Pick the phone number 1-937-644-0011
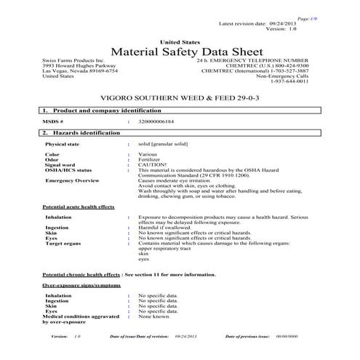295,81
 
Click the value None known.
153,316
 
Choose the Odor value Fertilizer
150,160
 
